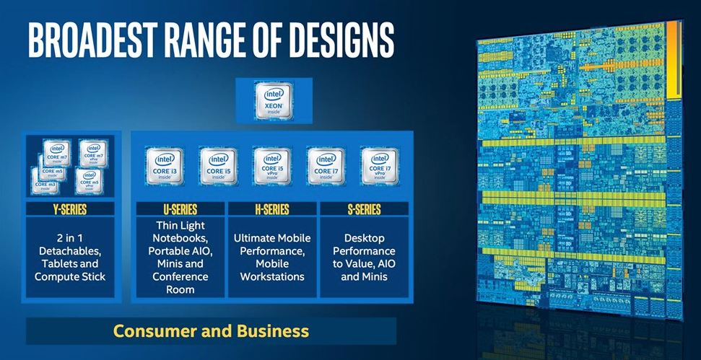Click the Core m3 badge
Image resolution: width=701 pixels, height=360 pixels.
[45, 182]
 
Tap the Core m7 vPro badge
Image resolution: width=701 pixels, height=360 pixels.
[93, 154]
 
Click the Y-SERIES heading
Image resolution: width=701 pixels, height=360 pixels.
[70, 210]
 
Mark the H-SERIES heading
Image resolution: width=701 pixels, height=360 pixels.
[272, 210]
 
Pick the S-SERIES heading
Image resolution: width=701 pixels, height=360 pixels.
[364, 210]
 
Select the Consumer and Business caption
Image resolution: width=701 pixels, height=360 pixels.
[211, 332]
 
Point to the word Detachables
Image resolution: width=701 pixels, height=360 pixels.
[70, 251]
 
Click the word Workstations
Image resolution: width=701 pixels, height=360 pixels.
[272, 277]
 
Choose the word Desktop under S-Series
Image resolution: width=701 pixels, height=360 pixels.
[364, 238]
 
